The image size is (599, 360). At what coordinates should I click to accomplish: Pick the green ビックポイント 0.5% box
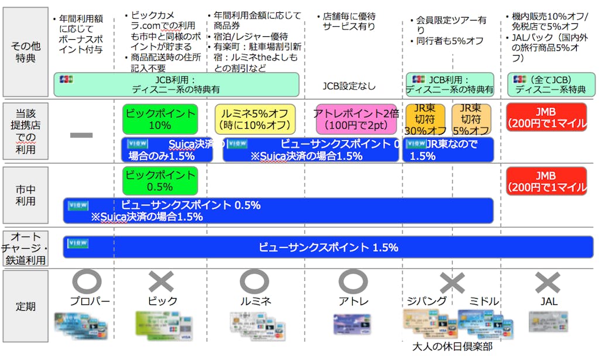pyautogui.click(x=160, y=181)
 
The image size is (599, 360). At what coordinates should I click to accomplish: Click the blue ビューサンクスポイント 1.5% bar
pyautogui.click(x=328, y=247)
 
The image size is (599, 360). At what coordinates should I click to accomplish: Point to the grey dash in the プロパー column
pyautogui.click(x=81, y=135)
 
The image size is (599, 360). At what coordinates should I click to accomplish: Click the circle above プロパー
pyautogui.click(x=87, y=282)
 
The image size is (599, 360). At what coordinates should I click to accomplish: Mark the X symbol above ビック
pyautogui.click(x=161, y=282)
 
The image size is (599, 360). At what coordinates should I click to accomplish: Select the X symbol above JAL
pyautogui.click(x=548, y=283)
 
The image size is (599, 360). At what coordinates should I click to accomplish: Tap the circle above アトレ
pyautogui.click(x=353, y=282)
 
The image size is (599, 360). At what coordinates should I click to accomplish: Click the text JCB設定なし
pyautogui.click(x=349, y=87)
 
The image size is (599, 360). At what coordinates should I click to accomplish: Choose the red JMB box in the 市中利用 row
pyautogui.click(x=546, y=181)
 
